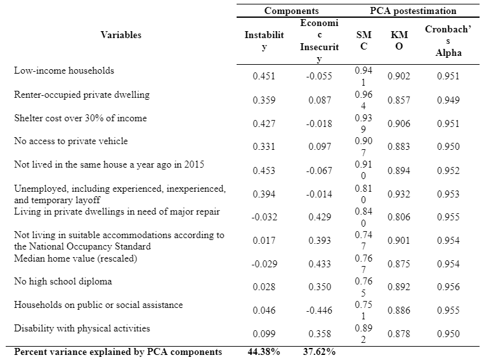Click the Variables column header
coord(121,35)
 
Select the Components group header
coord(291,11)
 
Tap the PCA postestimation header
coord(413,11)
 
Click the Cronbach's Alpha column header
coord(448,41)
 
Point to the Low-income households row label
coord(64,70)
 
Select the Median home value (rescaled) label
coord(75,258)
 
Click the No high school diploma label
coord(63,281)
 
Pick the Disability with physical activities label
coord(82,328)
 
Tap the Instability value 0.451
coord(264,76)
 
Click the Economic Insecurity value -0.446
coord(319,310)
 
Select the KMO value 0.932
coord(399,194)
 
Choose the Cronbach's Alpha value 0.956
coord(448,287)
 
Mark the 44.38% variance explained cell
coord(264,352)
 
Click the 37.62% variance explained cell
coord(319,352)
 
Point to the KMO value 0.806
coord(399,217)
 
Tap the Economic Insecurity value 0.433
coord(320,264)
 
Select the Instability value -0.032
coord(264,217)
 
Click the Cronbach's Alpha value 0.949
coord(448,100)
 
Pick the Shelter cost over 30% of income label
coord(81,118)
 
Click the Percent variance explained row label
coord(118,352)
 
